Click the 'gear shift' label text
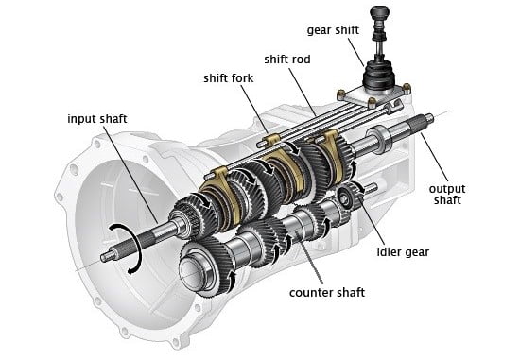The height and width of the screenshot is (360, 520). coord(333,30)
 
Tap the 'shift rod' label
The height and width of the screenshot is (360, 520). coord(287,60)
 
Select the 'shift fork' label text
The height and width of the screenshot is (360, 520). coord(228,78)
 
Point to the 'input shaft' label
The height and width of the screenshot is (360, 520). coord(96,119)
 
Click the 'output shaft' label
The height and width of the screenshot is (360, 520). coord(447,195)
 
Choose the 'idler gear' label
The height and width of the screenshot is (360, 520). coord(403,252)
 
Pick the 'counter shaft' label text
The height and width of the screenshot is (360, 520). coord(327,293)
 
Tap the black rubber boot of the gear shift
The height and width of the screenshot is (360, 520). coord(379,77)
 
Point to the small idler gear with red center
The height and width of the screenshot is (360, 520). coord(345,197)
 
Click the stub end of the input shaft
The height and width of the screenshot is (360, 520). coord(108,256)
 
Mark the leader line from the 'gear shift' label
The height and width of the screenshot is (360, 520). coord(355,52)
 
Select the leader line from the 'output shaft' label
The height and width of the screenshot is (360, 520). coord(435,157)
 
